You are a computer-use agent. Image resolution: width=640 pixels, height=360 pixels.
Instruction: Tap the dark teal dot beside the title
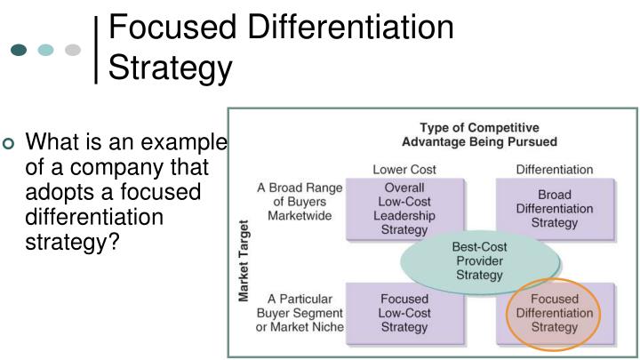(x=20, y=50)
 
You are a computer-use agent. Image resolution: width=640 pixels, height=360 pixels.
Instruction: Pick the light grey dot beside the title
(x=74, y=50)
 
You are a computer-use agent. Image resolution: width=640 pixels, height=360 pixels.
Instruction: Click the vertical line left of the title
(x=97, y=50)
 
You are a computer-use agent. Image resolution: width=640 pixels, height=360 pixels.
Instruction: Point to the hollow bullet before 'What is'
(x=10, y=145)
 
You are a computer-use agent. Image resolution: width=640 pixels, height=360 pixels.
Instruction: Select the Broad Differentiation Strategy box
(x=555, y=209)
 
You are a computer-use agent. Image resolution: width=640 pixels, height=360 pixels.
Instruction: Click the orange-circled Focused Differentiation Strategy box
(x=554, y=313)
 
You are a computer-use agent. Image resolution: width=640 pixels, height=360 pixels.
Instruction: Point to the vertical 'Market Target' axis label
(x=244, y=262)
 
